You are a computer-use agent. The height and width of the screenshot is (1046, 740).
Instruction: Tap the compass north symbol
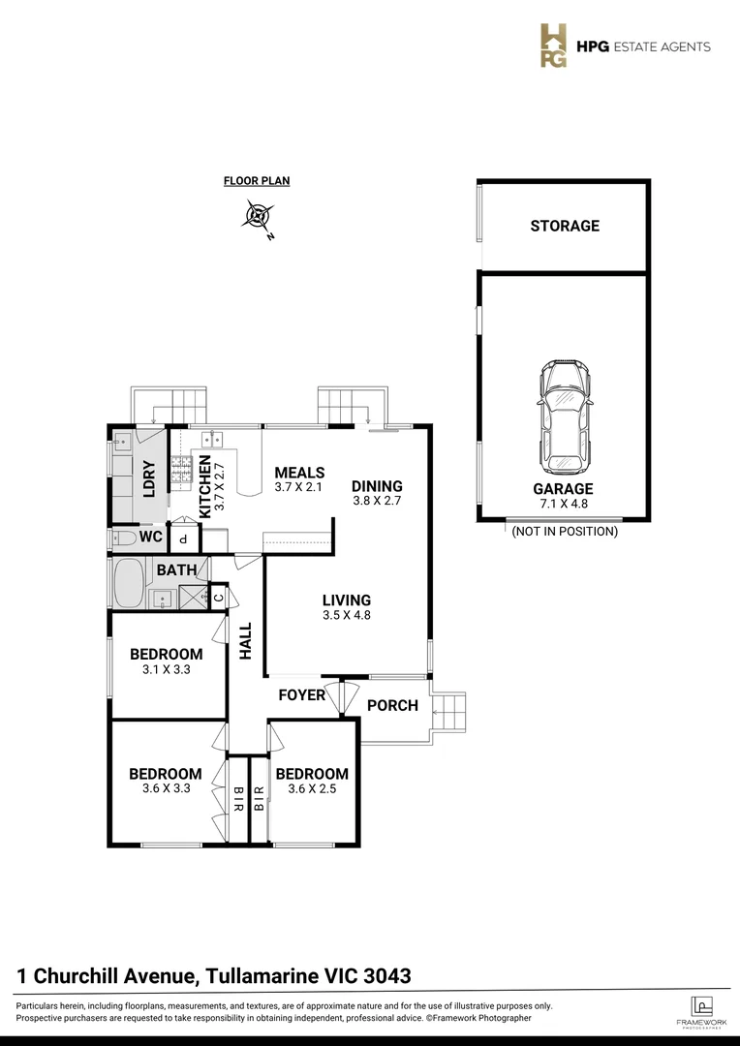259,215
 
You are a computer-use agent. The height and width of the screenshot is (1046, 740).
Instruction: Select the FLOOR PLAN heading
257,180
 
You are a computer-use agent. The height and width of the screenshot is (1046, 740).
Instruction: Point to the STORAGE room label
565,226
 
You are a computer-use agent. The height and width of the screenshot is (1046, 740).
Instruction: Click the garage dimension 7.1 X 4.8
562,504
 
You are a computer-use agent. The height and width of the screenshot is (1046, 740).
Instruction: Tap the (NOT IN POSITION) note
565,532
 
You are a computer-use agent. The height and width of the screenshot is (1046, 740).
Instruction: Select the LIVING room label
347,600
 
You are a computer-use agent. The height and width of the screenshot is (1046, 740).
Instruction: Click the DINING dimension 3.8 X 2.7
376,502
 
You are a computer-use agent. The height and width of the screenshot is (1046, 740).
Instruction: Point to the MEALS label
299,472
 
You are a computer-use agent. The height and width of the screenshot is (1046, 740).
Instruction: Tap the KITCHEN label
205,487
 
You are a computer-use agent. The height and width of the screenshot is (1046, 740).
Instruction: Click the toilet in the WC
124,537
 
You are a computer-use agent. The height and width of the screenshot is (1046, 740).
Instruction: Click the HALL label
246,640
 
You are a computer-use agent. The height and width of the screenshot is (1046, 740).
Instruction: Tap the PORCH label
392,705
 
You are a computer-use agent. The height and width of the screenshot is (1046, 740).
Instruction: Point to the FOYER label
301,694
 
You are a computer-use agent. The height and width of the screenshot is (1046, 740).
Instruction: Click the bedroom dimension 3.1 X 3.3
166,668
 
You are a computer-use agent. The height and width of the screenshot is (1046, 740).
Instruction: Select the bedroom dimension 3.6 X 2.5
311,788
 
